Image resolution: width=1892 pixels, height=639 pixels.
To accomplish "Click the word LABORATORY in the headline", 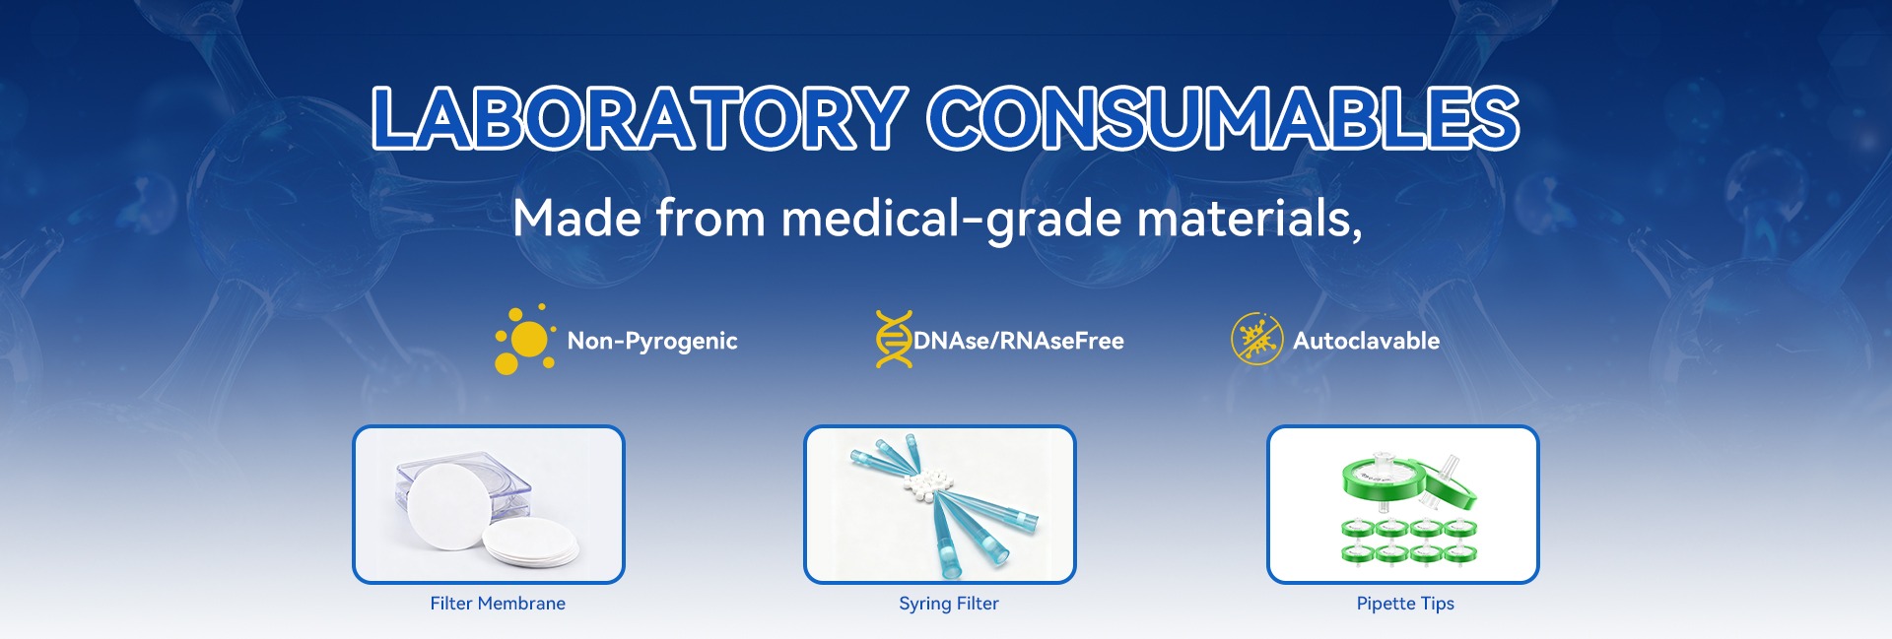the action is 640,118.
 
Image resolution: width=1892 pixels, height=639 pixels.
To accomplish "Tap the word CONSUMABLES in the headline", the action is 1224,118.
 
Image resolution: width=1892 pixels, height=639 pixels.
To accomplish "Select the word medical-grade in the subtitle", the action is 952,219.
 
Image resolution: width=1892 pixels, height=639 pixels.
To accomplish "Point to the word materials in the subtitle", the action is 1245,218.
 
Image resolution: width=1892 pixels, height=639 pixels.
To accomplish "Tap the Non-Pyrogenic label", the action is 652,342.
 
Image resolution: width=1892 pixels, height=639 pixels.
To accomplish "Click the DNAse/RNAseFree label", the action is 1019,341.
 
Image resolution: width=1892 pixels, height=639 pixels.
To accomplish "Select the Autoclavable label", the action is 1366,341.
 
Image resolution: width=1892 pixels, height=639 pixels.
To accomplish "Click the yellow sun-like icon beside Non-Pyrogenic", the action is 525,340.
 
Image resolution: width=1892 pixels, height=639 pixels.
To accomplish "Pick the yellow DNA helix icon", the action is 894,340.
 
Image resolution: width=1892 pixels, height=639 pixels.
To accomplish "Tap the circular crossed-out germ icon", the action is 1257,340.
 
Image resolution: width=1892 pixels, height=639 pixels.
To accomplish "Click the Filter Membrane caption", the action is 498,604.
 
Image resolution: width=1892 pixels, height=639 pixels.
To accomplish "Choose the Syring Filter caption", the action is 949,604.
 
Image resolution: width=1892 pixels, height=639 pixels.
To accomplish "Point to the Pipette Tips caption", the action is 1405,604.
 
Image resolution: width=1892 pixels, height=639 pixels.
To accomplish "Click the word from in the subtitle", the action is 710,218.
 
